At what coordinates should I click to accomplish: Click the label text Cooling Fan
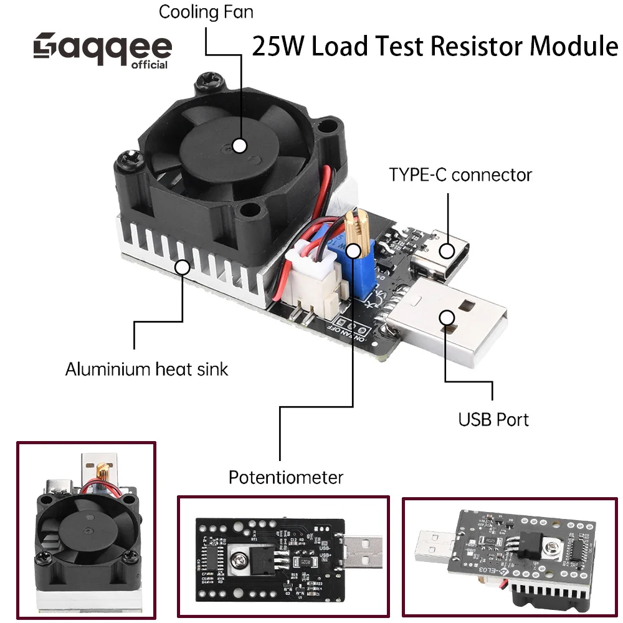206,12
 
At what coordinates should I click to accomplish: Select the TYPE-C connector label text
460,174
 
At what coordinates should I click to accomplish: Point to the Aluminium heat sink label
146,369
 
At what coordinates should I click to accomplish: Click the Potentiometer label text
285,478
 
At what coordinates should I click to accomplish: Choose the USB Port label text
493,419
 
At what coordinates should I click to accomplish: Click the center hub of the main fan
239,145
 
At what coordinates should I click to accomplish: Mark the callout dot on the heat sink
182,267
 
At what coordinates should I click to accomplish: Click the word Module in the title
573,47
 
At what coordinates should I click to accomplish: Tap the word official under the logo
150,65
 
